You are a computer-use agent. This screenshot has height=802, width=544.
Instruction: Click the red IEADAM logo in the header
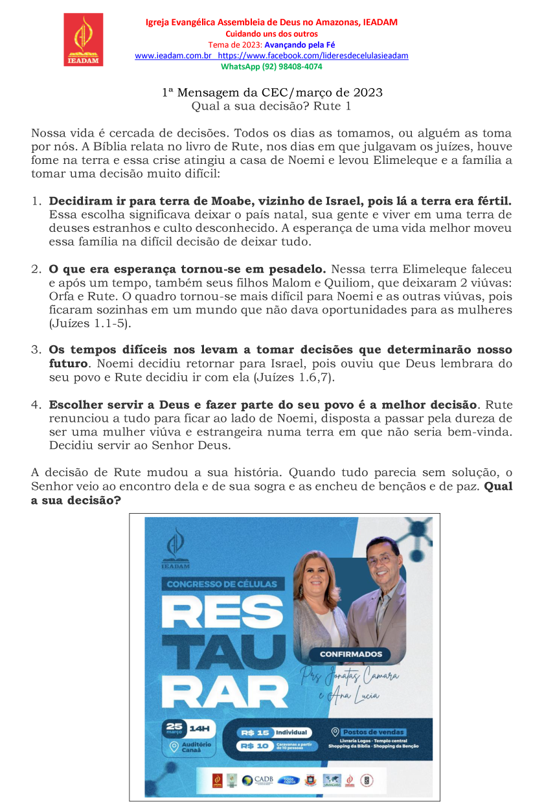coord(83,40)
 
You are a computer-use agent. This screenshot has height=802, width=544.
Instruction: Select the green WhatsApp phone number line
coord(271,66)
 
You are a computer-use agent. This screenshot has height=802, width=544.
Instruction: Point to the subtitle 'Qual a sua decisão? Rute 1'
coord(271,106)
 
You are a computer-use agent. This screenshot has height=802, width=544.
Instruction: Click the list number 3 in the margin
coord(36,350)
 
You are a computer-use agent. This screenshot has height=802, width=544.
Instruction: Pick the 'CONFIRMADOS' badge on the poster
coord(351,654)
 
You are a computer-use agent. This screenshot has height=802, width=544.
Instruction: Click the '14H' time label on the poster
coord(199,728)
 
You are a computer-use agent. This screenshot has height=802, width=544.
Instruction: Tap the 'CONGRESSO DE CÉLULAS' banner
coord(222,584)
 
